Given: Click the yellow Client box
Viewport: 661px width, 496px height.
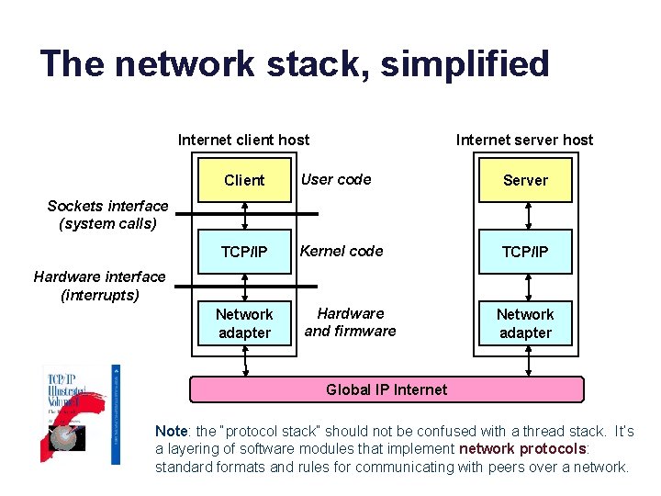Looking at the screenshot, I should [x=244, y=180].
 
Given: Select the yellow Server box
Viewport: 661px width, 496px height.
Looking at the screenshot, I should [x=525, y=180].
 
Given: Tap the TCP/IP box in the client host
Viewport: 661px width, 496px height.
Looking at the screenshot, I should [x=244, y=252].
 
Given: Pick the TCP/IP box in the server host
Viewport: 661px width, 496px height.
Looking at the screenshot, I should [x=525, y=252].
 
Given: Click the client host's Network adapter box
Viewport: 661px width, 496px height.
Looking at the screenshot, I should [x=244, y=323].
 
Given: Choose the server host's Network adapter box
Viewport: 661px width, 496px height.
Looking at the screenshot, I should [x=525, y=323].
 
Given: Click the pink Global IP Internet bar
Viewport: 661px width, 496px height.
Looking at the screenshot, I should [x=387, y=389].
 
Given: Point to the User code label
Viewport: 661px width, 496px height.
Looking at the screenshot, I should [x=336, y=179].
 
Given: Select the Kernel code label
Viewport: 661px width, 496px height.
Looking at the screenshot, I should [x=342, y=251].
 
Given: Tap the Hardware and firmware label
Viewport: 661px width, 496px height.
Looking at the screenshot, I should [x=350, y=322].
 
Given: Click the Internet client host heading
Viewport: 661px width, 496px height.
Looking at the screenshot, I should [x=243, y=140].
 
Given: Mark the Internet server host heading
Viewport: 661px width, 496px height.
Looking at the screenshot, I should [x=524, y=140].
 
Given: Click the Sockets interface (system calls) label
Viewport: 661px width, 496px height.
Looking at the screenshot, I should [x=107, y=215].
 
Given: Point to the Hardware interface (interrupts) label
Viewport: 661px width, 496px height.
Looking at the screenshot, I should [x=99, y=286].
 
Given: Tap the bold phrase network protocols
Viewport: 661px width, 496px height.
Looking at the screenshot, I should [x=521, y=449].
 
